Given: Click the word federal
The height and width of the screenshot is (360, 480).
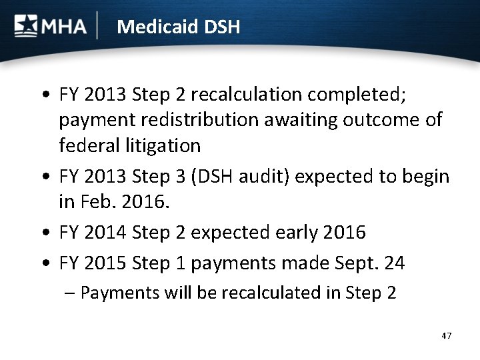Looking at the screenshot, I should coord(84,145).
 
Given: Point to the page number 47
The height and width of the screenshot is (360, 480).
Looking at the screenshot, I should coord(446,335).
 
